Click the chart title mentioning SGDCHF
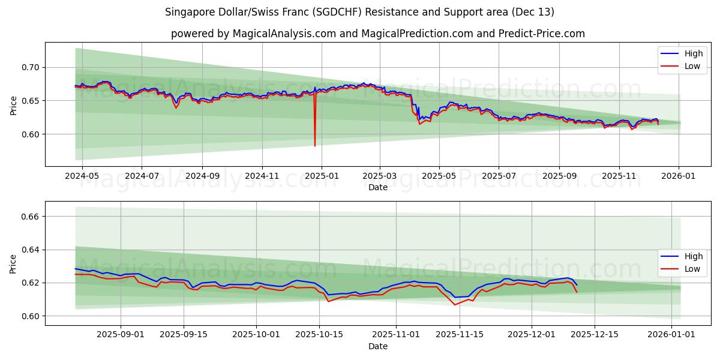point(359,12)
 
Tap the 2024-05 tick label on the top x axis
point(82,177)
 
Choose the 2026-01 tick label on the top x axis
point(679,177)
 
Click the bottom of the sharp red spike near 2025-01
point(315,145)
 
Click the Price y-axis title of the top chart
point(13,106)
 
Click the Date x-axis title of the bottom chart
point(378,346)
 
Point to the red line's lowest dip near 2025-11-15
point(455,304)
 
